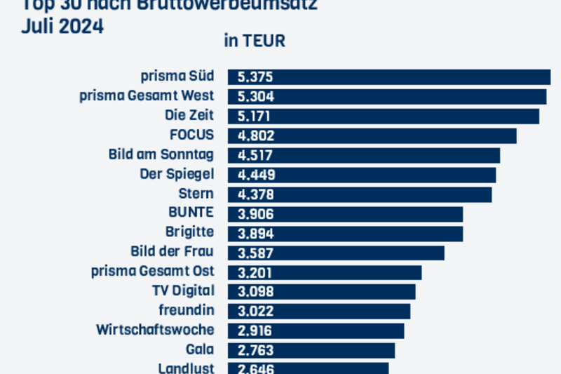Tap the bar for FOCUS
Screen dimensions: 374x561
pyautogui.click(x=372, y=135)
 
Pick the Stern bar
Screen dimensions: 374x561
pyautogui.click(x=359, y=194)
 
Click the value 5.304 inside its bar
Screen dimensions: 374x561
pyautogui.click(x=256, y=97)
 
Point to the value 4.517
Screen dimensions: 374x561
pyautogui.click(x=256, y=155)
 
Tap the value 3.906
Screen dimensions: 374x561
pyautogui.click(x=256, y=214)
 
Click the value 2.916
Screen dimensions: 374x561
pyautogui.click(x=256, y=330)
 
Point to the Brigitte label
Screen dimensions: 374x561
pyautogui.click(x=189, y=232)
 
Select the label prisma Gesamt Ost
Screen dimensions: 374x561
pyautogui.click(x=153, y=271)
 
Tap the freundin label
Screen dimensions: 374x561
pyautogui.click(x=187, y=309)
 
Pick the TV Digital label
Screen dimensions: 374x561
pyautogui.click(x=183, y=290)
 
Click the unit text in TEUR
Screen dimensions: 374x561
pyautogui.click(x=255, y=41)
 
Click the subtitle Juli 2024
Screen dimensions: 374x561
pyautogui.click(x=62, y=27)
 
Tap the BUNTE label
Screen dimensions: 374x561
pyautogui.click(x=191, y=213)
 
